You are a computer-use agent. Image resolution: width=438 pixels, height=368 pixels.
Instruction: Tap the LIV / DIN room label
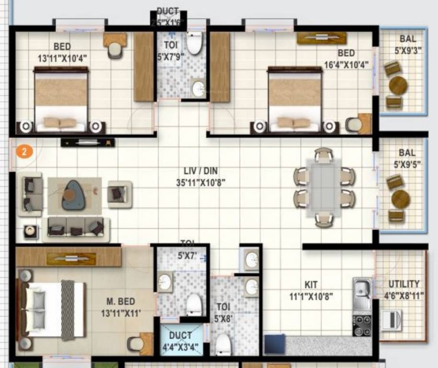pos(200,171)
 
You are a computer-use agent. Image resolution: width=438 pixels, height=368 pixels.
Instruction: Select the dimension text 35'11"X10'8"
pos(200,182)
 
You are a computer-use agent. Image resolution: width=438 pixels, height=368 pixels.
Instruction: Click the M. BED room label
pos(121,302)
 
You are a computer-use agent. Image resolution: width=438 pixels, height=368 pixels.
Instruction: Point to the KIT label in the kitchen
pos(311,285)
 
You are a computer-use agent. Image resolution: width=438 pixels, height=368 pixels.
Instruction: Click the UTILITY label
pos(403,284)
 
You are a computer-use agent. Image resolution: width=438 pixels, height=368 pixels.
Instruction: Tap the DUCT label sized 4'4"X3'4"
pos(180,335)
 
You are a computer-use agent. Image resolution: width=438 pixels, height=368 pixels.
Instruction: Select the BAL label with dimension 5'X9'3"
pos(408,39)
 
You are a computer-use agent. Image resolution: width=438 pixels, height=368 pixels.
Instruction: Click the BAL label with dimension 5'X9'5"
pos(407,153)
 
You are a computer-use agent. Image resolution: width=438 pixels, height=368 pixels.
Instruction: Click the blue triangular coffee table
pos(73,195)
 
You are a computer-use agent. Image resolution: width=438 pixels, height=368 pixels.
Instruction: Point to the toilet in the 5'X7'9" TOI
pos(194,45)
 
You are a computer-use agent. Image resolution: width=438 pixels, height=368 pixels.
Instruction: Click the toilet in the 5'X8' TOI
pos(223,344)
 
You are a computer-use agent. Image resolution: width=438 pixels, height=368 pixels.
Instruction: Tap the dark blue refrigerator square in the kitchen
pos(275,344)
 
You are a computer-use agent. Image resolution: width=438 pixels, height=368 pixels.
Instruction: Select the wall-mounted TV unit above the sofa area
pos(88,142)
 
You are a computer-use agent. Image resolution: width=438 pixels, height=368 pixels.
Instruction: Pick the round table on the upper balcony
pos(398,86)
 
